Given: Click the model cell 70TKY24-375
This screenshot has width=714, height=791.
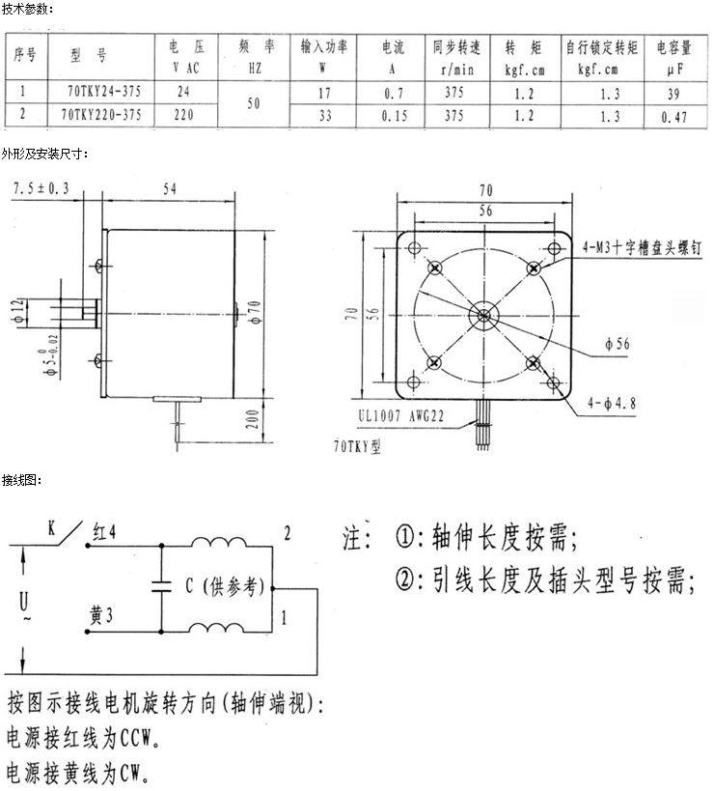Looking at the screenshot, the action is point(104,92).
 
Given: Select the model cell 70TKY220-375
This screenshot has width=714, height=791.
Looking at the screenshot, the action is point(100,115).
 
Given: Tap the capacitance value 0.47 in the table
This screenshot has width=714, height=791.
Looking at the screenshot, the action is point(673,117).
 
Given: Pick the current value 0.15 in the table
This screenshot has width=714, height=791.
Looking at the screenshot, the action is point(394,116).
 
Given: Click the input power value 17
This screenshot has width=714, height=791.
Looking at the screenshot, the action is point(324,94).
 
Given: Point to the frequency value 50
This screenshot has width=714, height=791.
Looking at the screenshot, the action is point(254,103).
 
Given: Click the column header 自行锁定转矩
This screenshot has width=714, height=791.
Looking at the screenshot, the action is point(602,47).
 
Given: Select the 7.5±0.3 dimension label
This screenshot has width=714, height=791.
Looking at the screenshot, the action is point(41,188).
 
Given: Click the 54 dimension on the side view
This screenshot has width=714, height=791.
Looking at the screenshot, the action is point(170,188).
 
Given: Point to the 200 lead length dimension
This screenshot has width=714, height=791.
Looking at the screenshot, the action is point(253,419).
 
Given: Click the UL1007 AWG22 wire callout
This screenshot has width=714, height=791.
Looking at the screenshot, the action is point(401,416).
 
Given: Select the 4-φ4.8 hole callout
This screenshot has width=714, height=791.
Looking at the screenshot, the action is point(612,403).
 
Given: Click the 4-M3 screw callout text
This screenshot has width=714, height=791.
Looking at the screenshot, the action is point(642,247).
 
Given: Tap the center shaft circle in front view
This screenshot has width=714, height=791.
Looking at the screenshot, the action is point(483,316).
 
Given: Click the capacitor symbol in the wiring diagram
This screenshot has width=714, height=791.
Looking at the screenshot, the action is point(162,586).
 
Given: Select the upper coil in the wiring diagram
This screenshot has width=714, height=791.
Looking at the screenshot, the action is point(219,541).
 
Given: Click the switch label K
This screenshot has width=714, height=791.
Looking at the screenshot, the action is point(51,528).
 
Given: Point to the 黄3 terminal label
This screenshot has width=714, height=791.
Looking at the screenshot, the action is point(100,615).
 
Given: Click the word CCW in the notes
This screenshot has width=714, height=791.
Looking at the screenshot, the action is point(136,739).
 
